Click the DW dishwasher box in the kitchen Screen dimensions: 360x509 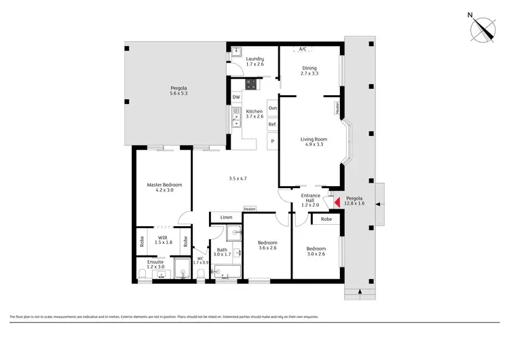(236, 98)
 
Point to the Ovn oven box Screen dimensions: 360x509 (272, 109)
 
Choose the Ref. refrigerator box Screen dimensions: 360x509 (272, 124)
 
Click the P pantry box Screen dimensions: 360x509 (272, 141)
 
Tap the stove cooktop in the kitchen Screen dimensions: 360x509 (251, 84)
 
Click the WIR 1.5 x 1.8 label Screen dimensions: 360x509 (163, 239)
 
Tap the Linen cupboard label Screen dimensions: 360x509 (226, 217)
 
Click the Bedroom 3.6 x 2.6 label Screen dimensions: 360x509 (267, 246)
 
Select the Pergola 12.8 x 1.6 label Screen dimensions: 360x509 (355, 201)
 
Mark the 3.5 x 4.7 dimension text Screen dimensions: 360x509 (238, 179)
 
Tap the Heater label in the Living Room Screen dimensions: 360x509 (335, 107)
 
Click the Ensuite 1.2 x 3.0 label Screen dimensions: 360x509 (155, 265)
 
